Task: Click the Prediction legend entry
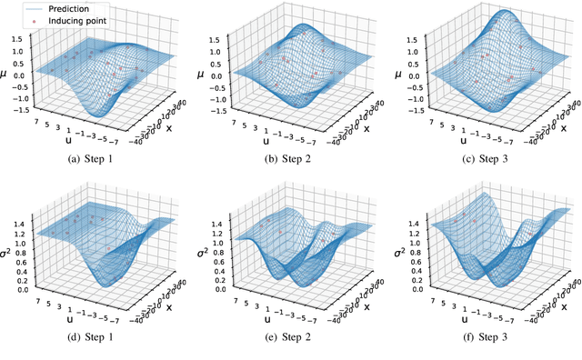[x=61, y=7]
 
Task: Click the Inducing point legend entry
[x=66, y=21]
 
